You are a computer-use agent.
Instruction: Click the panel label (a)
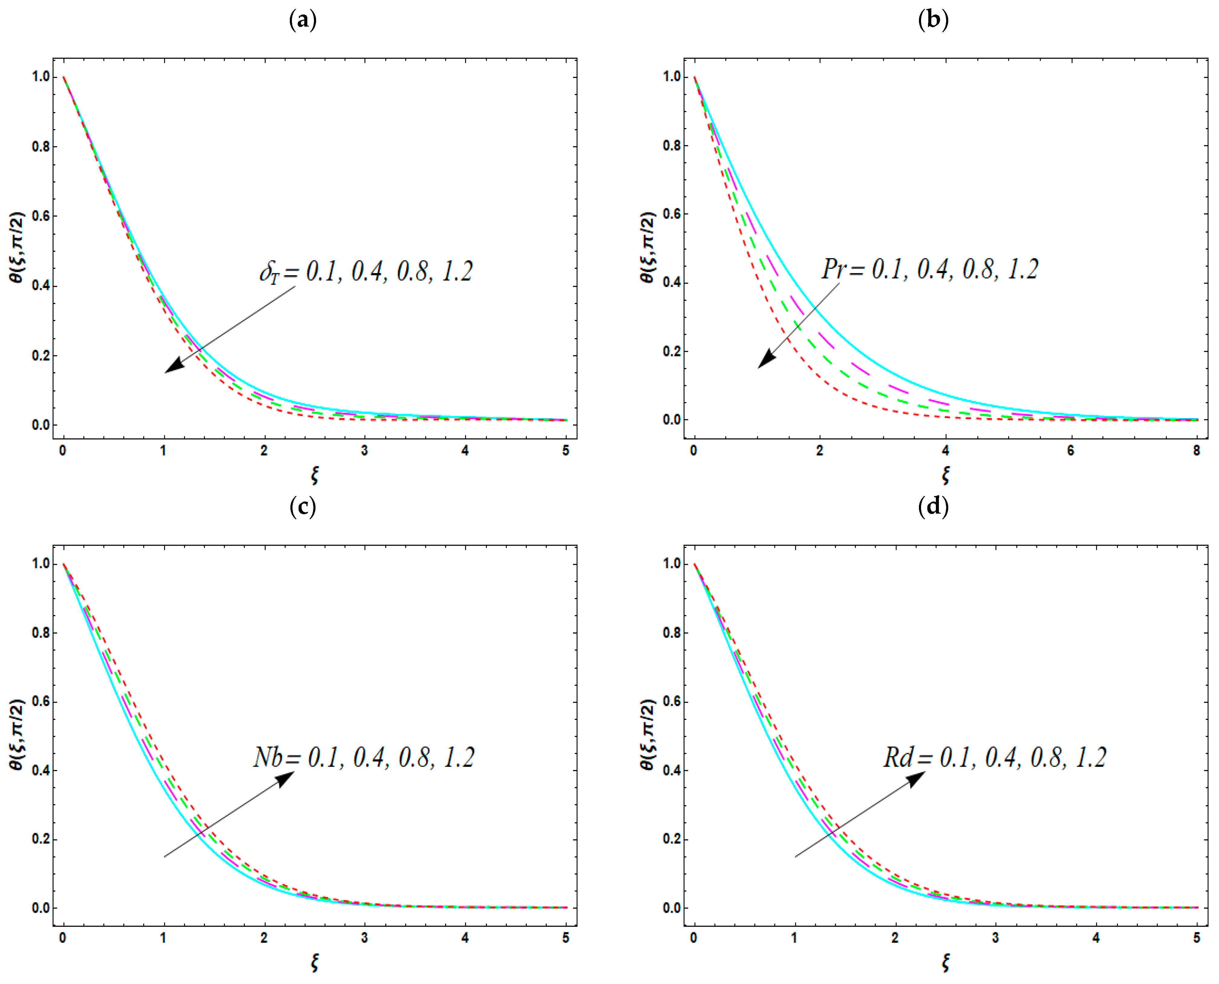click(x=303, y=21)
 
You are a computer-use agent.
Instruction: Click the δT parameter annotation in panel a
click(x=366, y=272)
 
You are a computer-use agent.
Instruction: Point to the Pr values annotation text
click(x=930, y=269)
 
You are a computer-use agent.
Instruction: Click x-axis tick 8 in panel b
click(x=1196, y=451)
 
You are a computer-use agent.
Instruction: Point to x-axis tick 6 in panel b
click(x=1070, y=451)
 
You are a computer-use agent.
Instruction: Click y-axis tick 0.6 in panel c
click(x=41, y=702)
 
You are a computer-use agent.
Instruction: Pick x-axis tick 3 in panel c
click(x=364, y=938)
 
